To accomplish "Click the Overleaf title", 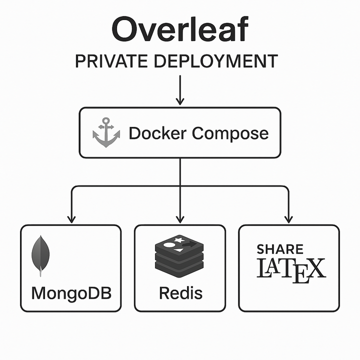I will (x=179, y=30).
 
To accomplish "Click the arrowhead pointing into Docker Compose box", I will (x=179, y=101).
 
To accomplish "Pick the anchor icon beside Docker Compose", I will (x=106, y=132).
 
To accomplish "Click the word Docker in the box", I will (x=157, y=133).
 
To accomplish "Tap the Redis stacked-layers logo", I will (x=179, y=254).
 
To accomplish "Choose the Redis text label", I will (x=180, y=292).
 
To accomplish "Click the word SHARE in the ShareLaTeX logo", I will (x=280, y=249).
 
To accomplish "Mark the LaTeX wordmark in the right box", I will (x=290, y=269).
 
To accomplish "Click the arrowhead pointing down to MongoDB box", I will (x=71, y=218).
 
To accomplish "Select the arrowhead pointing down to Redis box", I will (x=179, y=218).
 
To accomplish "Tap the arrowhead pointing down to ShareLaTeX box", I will (x=288, y=218).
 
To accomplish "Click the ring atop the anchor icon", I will (x=106, y=121).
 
